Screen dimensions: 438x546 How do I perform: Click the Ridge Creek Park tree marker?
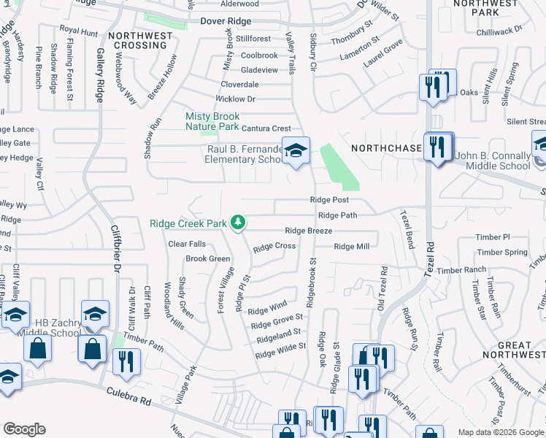click(x=237, y=223)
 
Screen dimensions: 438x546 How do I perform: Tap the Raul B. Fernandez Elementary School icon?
click(x=296, y=151)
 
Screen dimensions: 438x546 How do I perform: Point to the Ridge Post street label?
click(x=329, y=199)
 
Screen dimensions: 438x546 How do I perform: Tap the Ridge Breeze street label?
click(x=309, y=231)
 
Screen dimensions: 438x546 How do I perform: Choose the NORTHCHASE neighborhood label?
click(x=386, y=148)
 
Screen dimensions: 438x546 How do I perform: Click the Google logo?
click(x=24, y=429)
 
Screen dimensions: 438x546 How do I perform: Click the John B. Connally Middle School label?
click(x=493, y=161)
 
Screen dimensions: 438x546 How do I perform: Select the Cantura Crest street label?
click(x=266, y=128)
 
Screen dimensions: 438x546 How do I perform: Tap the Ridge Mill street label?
click(x=352, y=247)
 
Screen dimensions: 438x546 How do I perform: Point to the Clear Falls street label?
click(x=187, y=244)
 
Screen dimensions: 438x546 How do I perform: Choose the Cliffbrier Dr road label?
click(x=115, y=248)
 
